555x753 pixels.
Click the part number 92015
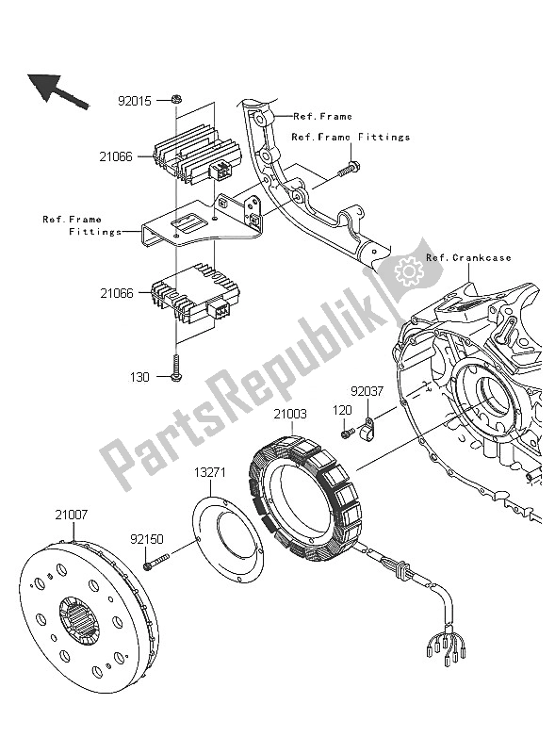[135, 98]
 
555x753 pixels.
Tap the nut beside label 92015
[176, 98]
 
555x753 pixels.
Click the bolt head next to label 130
[176, 376]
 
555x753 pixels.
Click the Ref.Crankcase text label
[468, 257]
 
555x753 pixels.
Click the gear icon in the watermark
[410, 270]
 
